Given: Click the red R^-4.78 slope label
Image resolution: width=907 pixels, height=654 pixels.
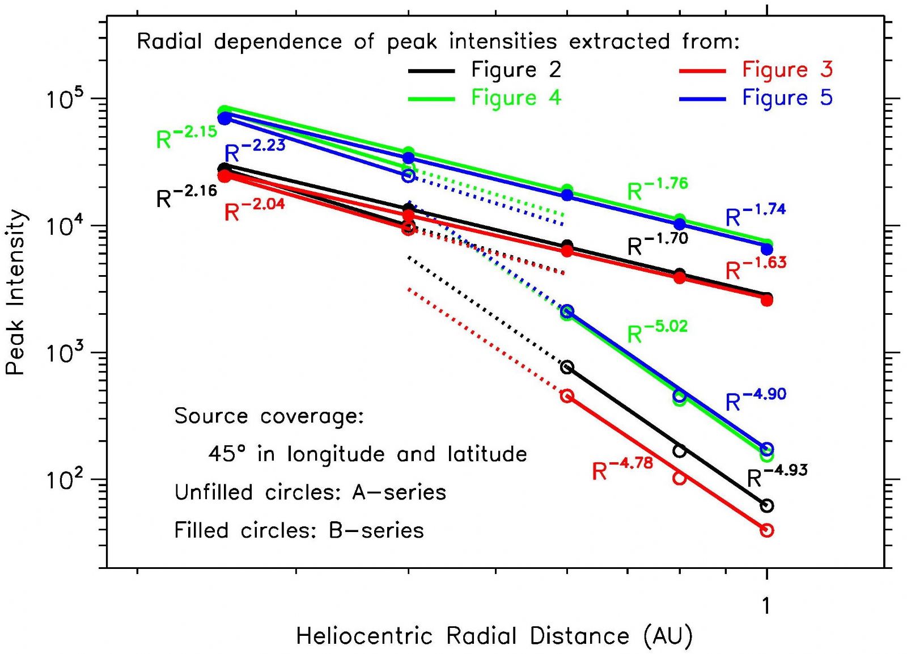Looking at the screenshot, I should pyautogui.click(x=622, y=469).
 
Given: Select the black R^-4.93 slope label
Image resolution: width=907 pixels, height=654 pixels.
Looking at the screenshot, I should pyautogui.click(x=777, y=476).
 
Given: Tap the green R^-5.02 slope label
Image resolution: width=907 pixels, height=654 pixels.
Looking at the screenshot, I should pyautogui.click(x=657, y=332).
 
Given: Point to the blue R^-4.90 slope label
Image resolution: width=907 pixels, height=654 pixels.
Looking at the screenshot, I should pyautogui.click(x=756, y=399).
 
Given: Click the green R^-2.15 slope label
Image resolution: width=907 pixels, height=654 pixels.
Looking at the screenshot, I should pyautogui.click(x=187, y=137).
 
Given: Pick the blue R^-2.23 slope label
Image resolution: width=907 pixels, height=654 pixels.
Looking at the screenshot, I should pyautogui.click(x=255, y=150).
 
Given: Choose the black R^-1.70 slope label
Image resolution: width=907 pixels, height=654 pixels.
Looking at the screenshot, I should pyautogui.click(x=658, y=244).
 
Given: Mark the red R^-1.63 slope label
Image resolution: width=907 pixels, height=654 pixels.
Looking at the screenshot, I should pyautogui.click(x=756, y=268).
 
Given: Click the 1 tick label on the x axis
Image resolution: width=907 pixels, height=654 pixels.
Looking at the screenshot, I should pyautogui.click(x=766, y=606).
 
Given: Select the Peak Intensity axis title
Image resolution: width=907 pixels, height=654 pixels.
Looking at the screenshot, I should pyautogui.click(x=15, y=292).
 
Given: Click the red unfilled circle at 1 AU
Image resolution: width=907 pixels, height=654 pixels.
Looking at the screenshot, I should pyautogui.click(x=767, y=530).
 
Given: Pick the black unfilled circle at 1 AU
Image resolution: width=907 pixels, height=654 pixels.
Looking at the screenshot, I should pyautogui.click(x=767, y=505).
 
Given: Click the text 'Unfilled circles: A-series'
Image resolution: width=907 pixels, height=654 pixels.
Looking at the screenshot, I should pyautogui.click(x=310, y=492).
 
